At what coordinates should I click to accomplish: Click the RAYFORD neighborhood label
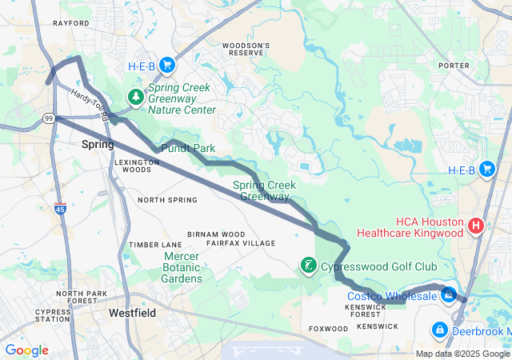click(x=71, y=23)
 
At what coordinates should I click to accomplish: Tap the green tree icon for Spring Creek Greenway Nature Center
click(x=137, y=98)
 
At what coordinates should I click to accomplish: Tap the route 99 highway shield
click(x=48, y=118)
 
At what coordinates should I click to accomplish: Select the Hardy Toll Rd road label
click(x=89, y=104)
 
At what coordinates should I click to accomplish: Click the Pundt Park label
click(x=188, y=149)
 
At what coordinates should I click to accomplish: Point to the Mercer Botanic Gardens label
click(x=182, y=267)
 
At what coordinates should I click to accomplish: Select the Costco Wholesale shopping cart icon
click(x=450, y=295)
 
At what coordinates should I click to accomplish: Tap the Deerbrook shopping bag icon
click(x=439, y=329)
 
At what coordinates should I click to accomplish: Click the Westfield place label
click(x=132, y=313)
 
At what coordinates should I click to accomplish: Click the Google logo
click(x=26, y=350)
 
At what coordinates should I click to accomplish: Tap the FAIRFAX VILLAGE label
click(x=241, y=242)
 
